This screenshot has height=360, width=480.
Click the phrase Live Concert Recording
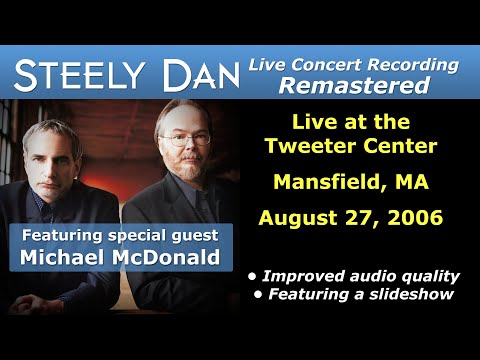(x=353, y=65)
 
